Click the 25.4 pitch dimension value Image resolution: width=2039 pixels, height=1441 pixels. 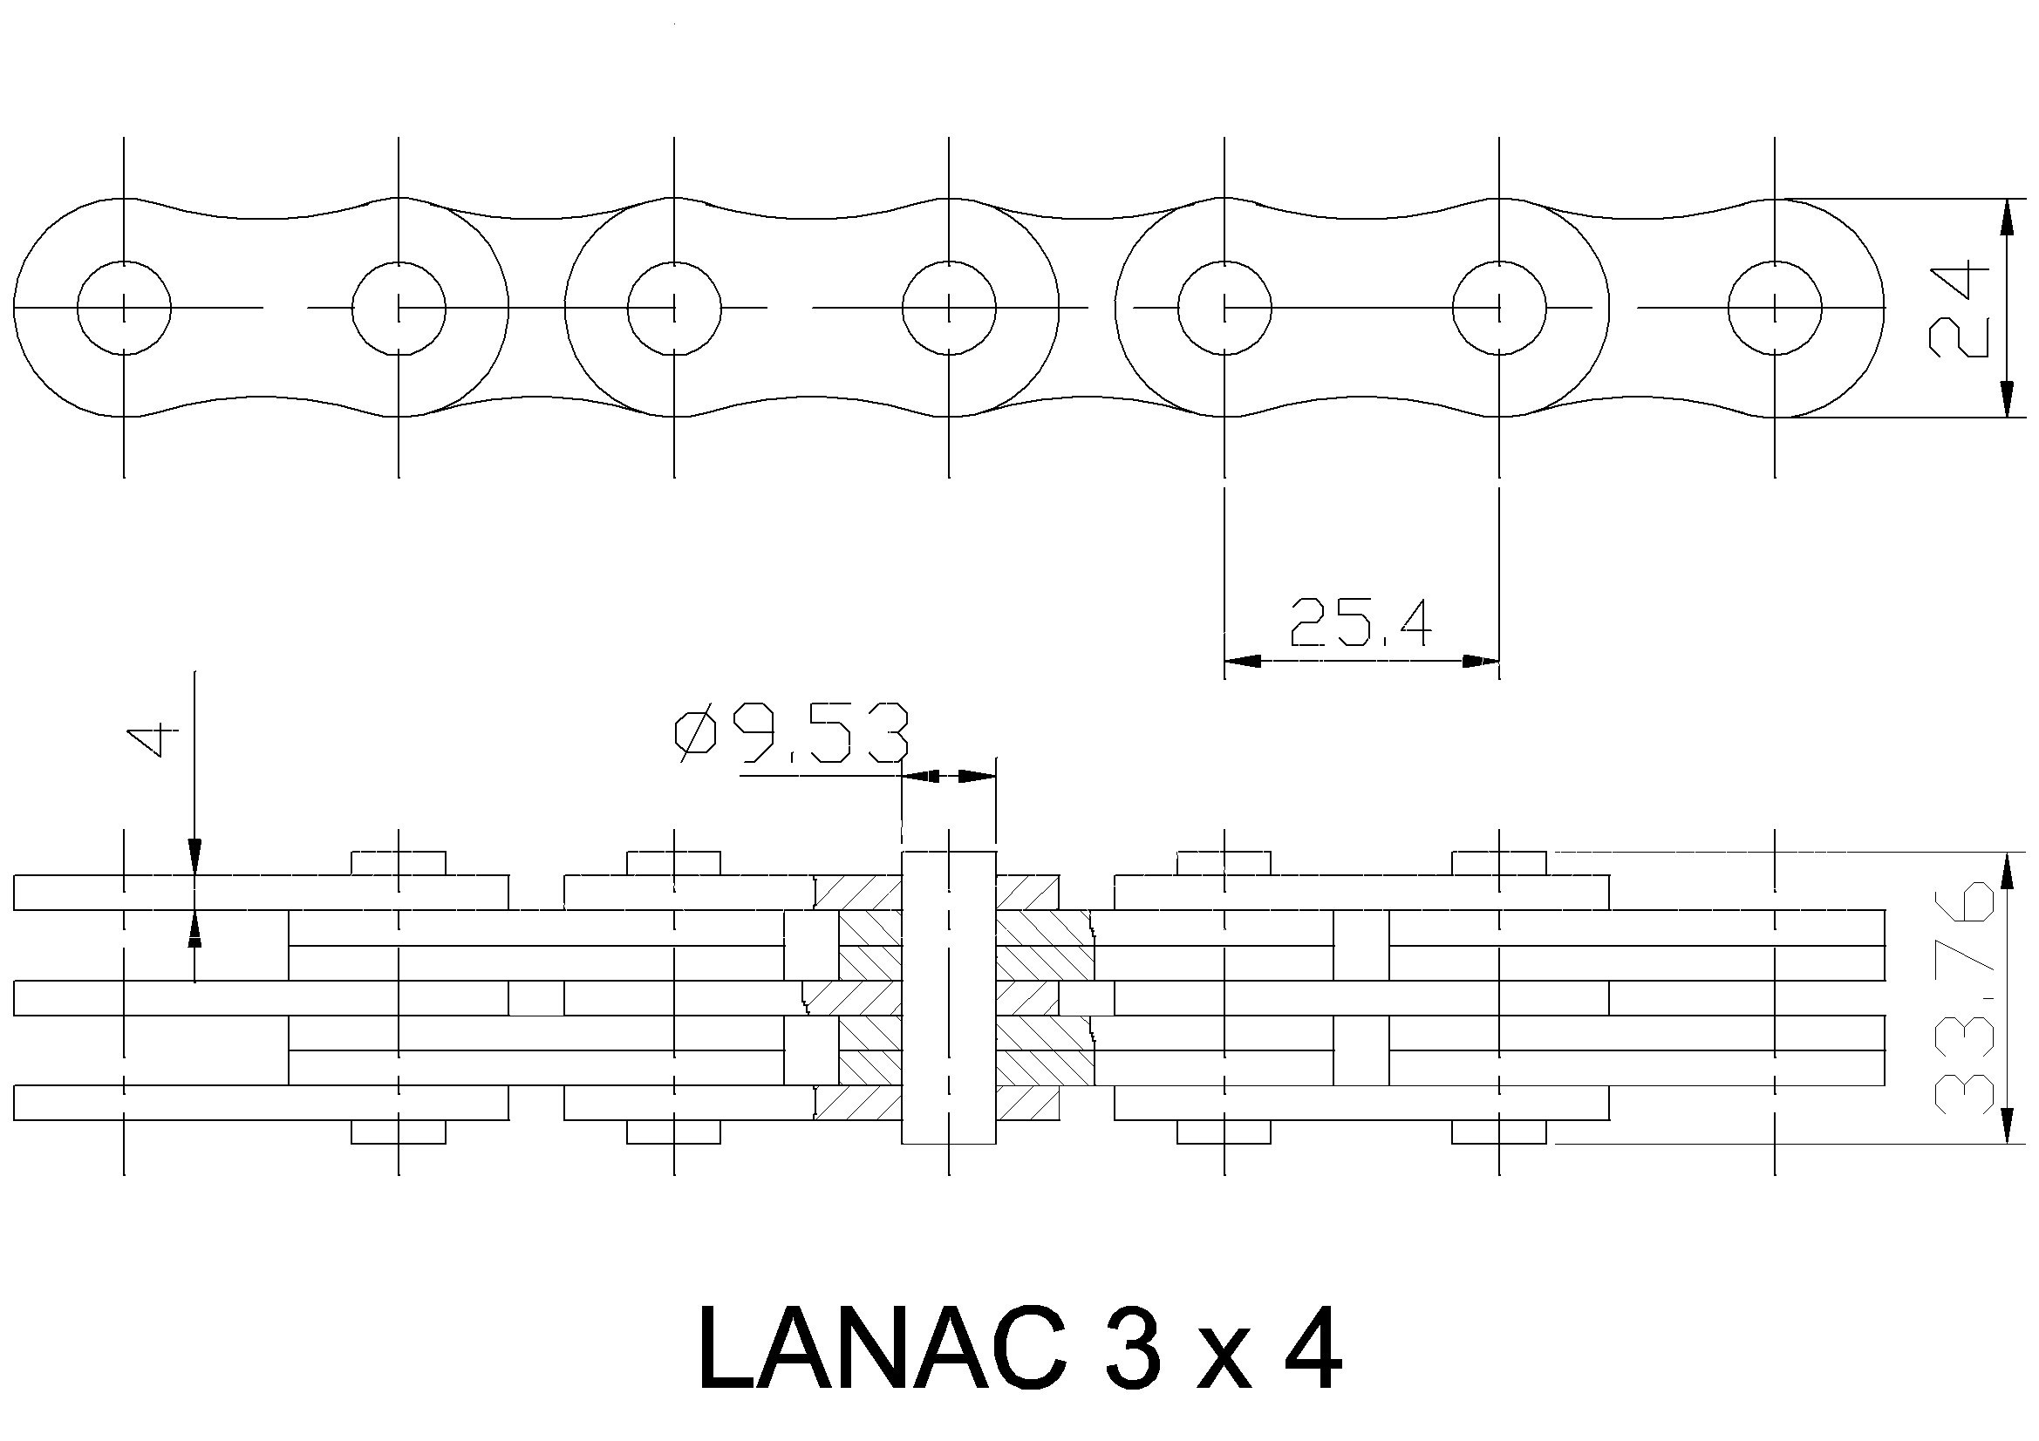point(1360,622)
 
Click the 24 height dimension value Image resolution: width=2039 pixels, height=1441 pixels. point(1958,308)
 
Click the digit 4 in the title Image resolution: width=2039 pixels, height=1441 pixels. point(1309,1349)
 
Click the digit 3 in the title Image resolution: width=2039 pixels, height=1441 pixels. point(1129,1349)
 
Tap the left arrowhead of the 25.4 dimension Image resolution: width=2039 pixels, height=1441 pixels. point(1243,662)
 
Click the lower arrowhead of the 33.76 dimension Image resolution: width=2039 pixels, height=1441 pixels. point(2006,1125)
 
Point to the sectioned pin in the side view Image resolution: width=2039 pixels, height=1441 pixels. point(949,997)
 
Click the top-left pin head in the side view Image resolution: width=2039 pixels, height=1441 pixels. point(399,863)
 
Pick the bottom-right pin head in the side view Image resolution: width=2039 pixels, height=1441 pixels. point(1499,1132)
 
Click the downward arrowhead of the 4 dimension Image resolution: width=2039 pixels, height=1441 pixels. point(195,858)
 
